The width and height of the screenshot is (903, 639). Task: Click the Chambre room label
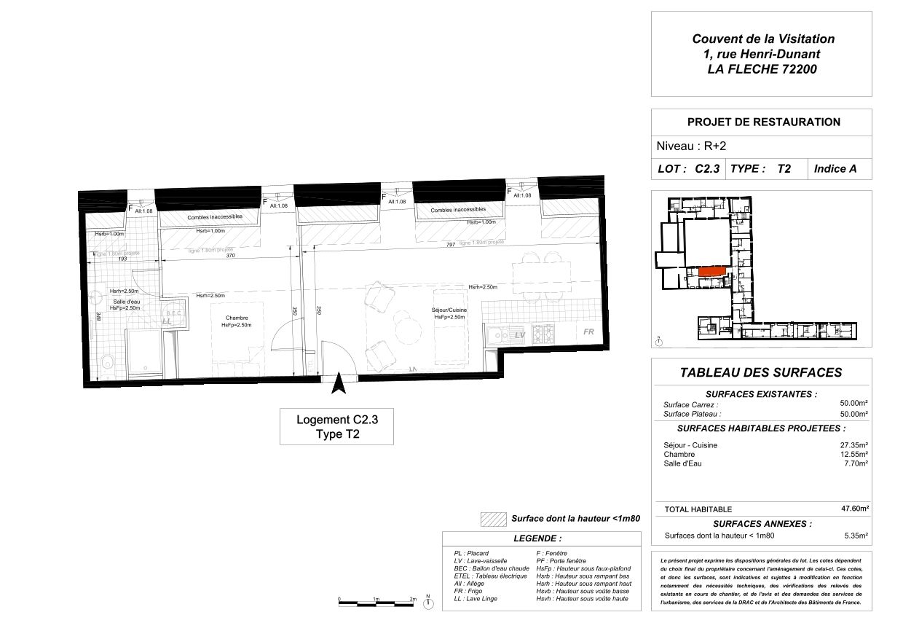point(237,318)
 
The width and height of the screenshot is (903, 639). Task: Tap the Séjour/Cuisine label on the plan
point(449,310)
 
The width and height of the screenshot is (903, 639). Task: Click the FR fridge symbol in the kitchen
point(589,332)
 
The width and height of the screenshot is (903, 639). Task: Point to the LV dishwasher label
point(520,334)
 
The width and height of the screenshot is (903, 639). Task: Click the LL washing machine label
point(167,321)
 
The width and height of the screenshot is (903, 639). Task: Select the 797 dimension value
point(451,245)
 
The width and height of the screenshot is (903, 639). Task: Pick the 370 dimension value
point(230,256)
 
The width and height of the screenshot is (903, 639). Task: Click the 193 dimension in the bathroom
point(123,259)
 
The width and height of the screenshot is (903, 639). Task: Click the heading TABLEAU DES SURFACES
point(761,372)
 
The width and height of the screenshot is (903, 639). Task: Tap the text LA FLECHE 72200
point(762,70)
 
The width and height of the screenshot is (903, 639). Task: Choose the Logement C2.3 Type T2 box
point(336,427)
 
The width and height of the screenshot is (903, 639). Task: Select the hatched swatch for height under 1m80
point(493,519)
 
